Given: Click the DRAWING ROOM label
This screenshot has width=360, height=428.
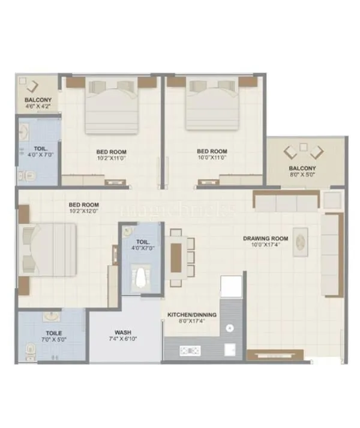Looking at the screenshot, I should [x=265, y=238].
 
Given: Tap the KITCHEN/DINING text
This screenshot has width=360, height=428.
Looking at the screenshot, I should [x=193, y=314].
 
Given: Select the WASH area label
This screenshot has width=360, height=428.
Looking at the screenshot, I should [x=124, y=331].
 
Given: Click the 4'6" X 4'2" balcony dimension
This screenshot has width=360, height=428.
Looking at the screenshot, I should [x=37, y=106].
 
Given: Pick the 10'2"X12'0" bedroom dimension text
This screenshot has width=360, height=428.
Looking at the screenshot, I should [x=83, y=211].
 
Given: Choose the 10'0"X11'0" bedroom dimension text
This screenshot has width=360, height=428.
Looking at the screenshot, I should [x=212, y=158].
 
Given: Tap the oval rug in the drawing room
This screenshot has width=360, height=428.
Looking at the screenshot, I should [x=301, y=243].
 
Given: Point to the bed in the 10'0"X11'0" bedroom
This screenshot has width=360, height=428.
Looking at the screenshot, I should [x=212, y=105].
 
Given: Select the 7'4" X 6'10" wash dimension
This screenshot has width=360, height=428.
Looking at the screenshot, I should [x=124, y=340].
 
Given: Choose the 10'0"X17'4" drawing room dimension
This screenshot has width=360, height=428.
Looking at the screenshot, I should [x=265, y=246].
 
